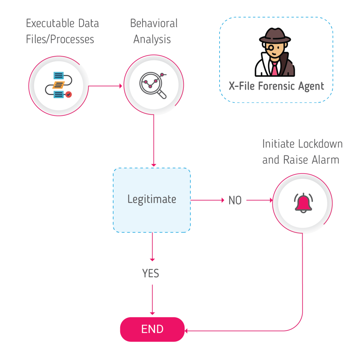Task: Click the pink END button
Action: tap(152, 329)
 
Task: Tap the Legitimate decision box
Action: tap(152, 200)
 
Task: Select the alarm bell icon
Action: tap(303, 203)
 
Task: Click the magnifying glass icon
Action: tap(153, 85)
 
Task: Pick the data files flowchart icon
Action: tap(59, 85)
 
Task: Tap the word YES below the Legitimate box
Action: tap(151, 273)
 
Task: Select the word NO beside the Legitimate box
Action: tap(235, 201)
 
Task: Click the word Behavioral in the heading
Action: tap(154, 24)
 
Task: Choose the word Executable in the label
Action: tap(48, 24)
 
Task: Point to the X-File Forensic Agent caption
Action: tap(276, 86)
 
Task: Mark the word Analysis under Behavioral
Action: tap(152, 39)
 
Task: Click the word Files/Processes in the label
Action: tap(60, 39)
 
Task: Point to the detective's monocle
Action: tap(270, 48)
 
